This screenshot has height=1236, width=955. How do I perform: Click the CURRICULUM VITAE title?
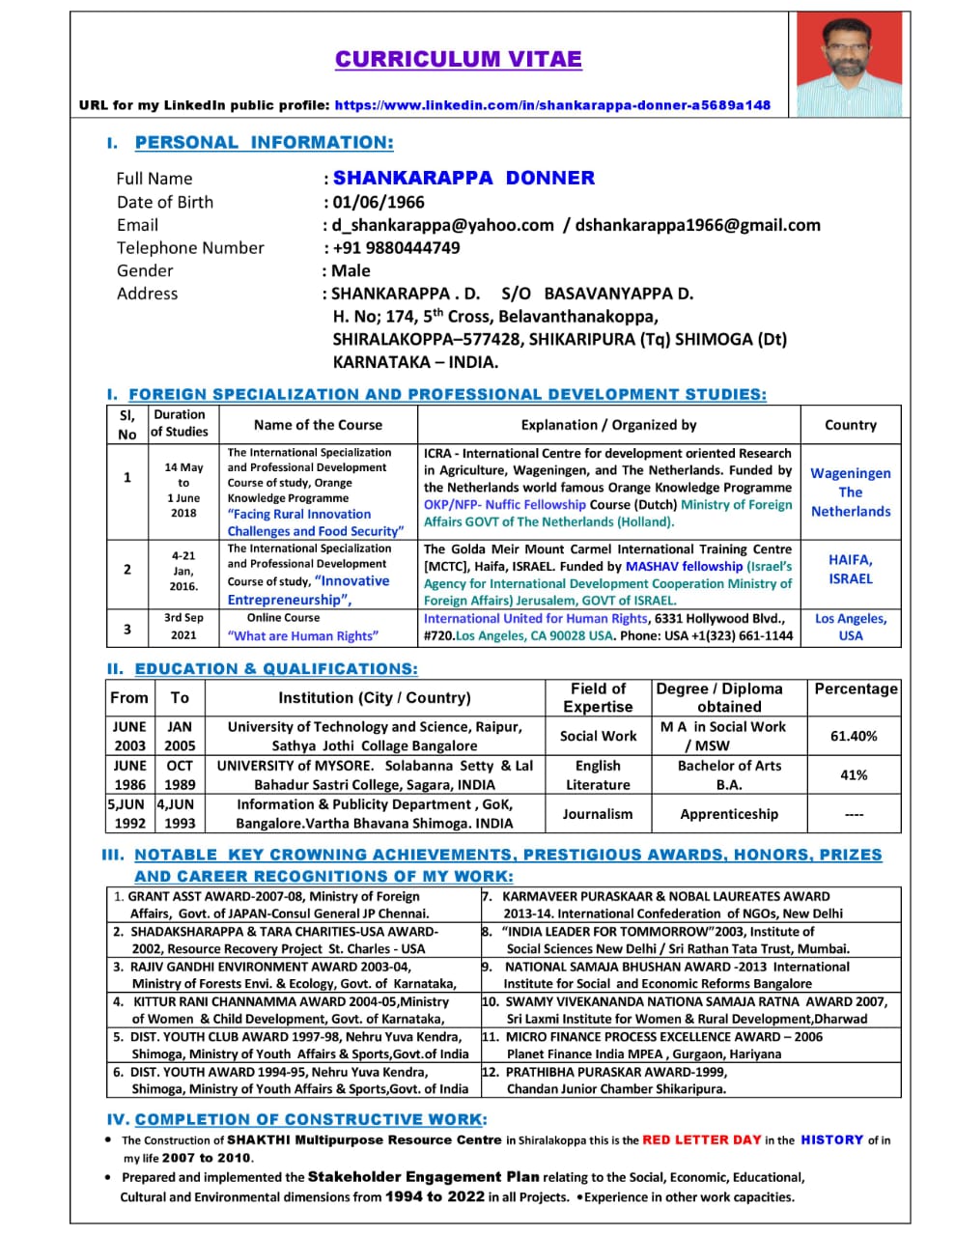tap(459, 60)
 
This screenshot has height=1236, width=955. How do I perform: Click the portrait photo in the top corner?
tap(850, 64)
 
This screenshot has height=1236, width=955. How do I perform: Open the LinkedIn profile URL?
tap(552, 105)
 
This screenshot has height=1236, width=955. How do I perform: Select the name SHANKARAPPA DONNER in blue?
tap(463, 178)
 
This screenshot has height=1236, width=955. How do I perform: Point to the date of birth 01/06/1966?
tap(379, 202)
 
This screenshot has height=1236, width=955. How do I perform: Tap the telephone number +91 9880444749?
tap(396, 247)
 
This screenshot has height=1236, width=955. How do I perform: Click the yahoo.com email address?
tap(443, 225)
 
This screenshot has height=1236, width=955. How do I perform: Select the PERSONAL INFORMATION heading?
tap(264, 143)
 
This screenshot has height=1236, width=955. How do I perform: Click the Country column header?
tap(850, 425)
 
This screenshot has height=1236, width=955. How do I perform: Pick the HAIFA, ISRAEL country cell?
tap(850, 569)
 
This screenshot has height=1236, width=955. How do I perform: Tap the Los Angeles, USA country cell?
tap(850, 627)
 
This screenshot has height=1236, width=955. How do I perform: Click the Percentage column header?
tap(856, 688)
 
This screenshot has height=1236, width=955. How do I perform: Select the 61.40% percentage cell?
tap(854, 736)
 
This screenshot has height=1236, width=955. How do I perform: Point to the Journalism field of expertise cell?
tap(598, 814)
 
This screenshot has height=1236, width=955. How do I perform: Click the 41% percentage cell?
tap(854, 774)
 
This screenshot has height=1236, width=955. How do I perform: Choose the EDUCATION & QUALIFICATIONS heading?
tap(276, 669)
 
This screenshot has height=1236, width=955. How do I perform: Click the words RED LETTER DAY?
tap(702, 1139)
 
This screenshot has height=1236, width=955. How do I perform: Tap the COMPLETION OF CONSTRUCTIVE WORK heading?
tap(311, 1119)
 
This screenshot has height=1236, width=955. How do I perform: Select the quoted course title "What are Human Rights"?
tap(303, 635)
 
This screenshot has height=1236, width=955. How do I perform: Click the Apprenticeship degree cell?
tap(729, 814)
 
